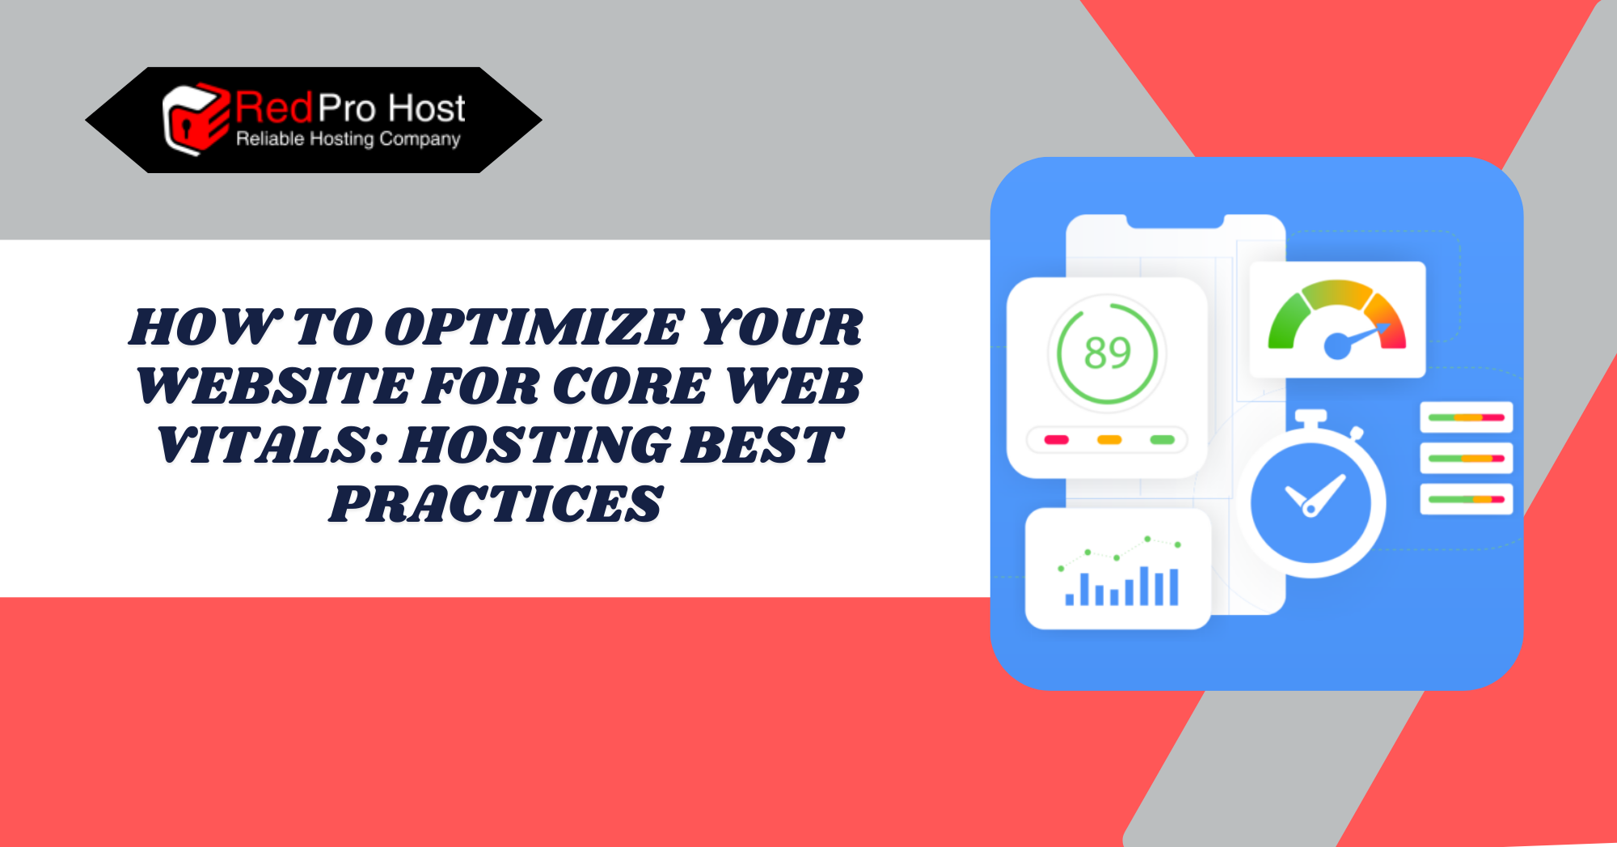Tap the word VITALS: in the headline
pos(272,445)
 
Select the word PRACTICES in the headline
pos(496,504)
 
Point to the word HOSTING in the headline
pos(535,445)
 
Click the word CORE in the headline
pos(631,386)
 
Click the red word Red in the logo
pos(274,108)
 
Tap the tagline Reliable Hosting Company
pos(348,139)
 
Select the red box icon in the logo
pos(196,120)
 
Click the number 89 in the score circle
pos(1107,353)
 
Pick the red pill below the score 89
pos(1057,440)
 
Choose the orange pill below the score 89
pos(1109,440)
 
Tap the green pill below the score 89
pos(1162,440)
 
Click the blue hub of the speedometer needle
pos(1336,346)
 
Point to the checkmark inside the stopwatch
pos(1315,494)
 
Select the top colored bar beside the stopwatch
pos(1466,417)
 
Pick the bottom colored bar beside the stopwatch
pos(1466,499)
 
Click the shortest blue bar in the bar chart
pos(1070,599)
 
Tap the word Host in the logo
pos(426,108)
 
